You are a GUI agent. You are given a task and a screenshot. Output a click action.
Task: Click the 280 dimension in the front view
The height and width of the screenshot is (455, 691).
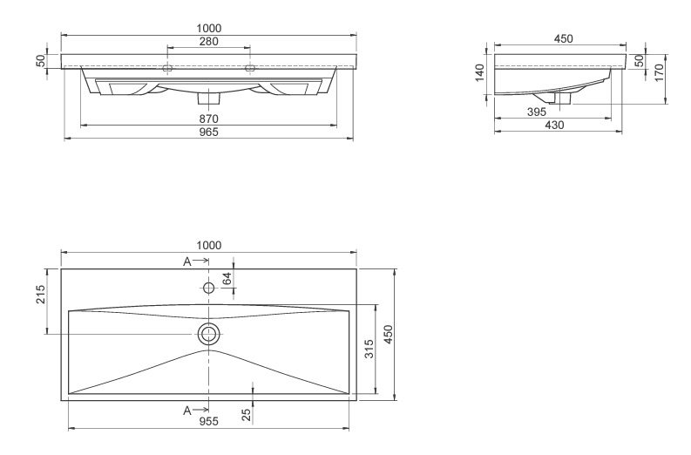pyautogui.click(x=209, y=42)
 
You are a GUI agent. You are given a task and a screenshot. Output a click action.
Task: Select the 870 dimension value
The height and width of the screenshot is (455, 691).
pyautogui.click(x=209, y=119)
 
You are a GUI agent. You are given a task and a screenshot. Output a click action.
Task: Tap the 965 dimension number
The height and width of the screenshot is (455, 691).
pyautogui.click(x=209, y=132)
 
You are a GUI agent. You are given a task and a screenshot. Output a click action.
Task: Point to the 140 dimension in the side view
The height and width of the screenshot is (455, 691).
pyautogui.click(x=479, y=72)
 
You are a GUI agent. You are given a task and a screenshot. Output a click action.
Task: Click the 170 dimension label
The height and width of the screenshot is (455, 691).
pyautogui.click(x=659, y=72)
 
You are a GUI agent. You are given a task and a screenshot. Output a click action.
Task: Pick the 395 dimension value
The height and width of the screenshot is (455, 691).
pyautogui.click(x=537, y=112)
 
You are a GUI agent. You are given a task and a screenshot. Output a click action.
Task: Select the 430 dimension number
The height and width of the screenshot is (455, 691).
pyautogui.click(x=554, y=126)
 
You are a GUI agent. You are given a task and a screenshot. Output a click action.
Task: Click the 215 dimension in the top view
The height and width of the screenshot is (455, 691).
pyautogui.click(x=41, y=294)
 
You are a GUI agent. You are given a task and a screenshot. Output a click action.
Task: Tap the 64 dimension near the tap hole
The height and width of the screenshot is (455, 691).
pyautogui.click(x=227, y=279)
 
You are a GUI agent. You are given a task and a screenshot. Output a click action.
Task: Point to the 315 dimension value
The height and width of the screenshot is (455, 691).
pyautogui.click(x=369, y=349)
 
